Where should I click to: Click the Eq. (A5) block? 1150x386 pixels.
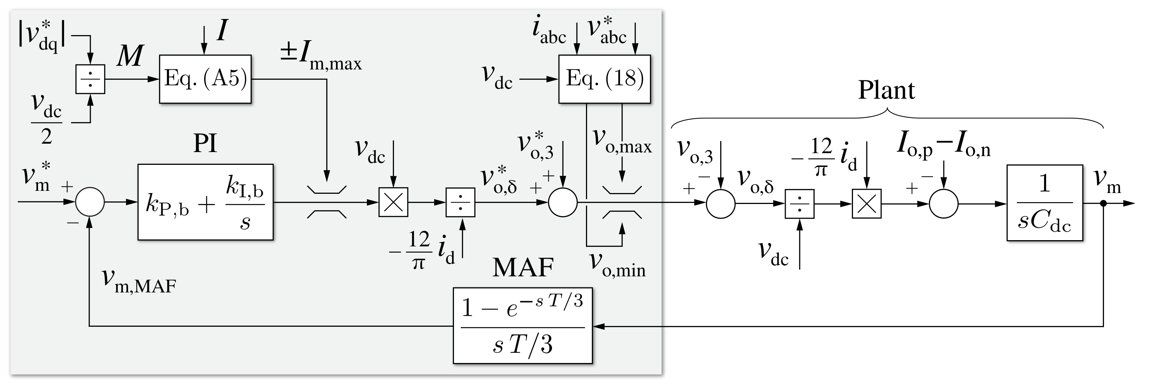205,79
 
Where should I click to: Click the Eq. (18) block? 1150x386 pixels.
605,79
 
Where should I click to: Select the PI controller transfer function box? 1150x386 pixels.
205,202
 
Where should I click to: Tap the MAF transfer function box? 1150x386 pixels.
522,326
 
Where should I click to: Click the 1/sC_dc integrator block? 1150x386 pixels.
1045,203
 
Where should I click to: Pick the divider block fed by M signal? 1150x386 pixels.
90,79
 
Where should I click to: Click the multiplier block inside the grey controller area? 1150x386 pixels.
393,202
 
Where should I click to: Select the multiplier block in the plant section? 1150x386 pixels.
867,204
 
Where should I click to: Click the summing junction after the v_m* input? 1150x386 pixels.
90,202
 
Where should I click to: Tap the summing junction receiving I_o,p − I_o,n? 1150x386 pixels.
943,204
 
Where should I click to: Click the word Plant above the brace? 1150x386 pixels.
886,91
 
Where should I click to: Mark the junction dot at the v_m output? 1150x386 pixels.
1103,204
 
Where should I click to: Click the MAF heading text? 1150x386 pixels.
523,268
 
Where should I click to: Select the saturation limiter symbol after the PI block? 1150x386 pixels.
327,202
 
